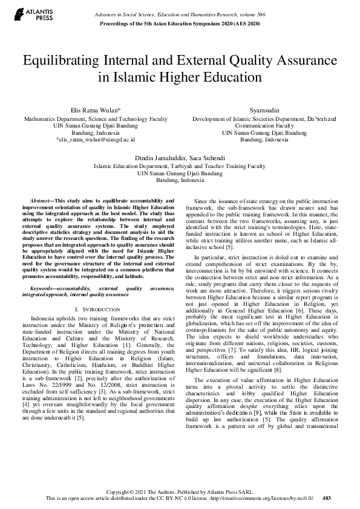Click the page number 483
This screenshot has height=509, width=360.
coord(327,499)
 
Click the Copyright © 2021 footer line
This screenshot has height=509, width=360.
coord(180,492)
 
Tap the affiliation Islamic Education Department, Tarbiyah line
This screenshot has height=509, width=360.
coord(180,166)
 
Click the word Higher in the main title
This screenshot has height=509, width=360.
coord(164,78)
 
